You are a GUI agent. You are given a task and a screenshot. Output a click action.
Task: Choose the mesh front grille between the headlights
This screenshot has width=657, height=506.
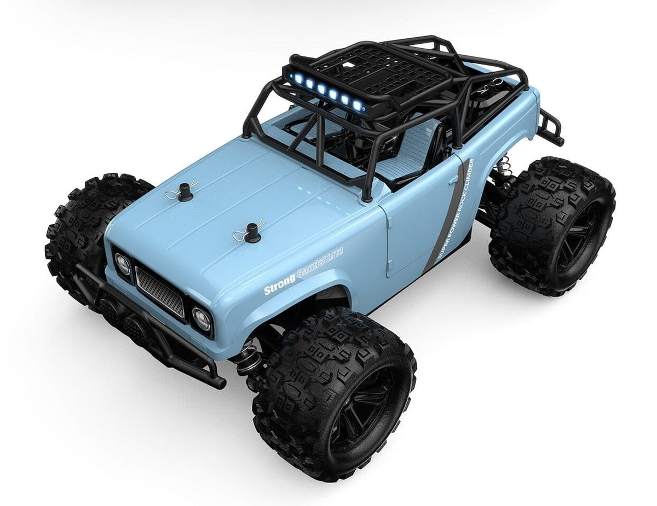[160, 290]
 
